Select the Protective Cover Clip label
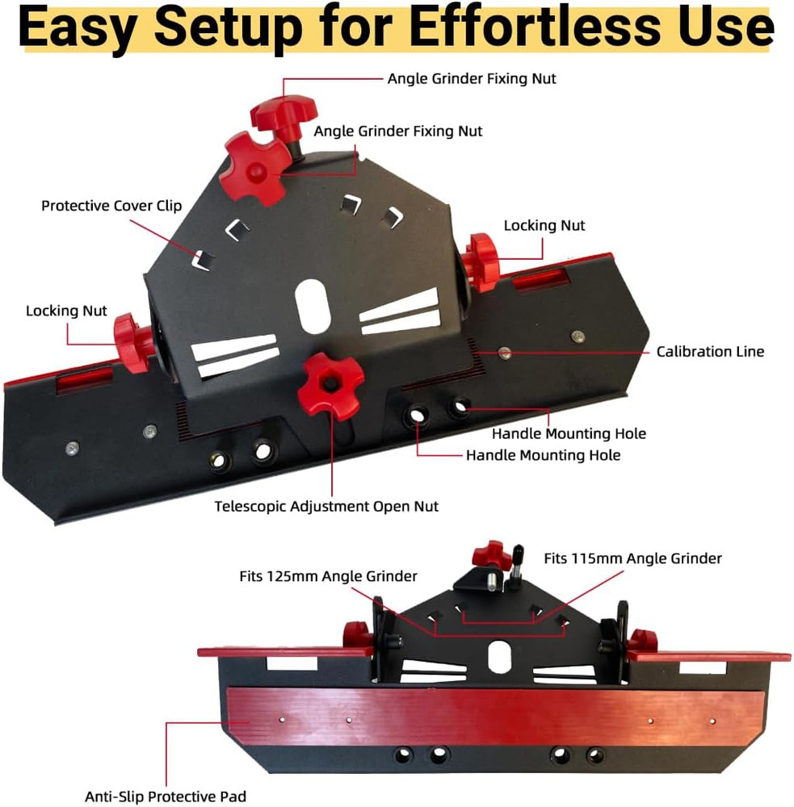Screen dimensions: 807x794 click(x=111, y=206)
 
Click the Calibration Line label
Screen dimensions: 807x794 click(x=709, y=351)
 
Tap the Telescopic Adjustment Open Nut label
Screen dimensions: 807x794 click(x=326, y=506)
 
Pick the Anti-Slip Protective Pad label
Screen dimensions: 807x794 click(x=166, y=796)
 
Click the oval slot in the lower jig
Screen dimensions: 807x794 click(x=495, y=654)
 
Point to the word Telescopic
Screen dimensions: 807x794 click(x=253, y=506)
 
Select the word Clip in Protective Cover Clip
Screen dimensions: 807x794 click(x=168, y=206)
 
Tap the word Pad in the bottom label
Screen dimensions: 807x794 click(x=233, y=796)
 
